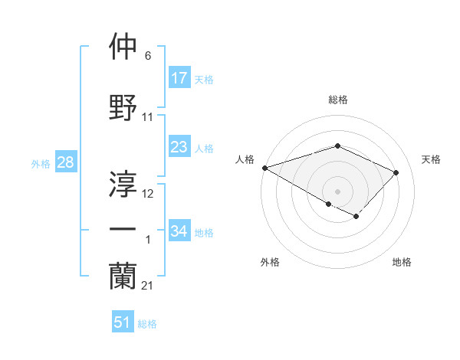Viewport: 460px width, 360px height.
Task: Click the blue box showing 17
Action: point(179,78)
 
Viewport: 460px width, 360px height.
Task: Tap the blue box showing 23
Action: point(179,147)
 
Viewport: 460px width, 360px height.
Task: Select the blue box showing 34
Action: point(179,231)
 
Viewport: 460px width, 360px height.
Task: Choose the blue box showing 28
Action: point(65,162)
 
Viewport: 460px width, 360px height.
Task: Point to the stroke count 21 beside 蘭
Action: point(147,286)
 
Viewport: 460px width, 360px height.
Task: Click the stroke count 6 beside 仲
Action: point(148,56)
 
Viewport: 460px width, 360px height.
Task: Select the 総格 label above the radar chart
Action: point(337,100)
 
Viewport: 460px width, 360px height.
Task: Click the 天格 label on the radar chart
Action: point(431,159)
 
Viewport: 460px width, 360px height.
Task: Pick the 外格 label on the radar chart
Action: point(270,263)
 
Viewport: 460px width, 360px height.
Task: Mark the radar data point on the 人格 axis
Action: point(264,167)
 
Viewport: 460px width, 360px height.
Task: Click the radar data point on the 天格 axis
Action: point(396,172)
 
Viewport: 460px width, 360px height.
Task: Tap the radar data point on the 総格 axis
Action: point(337,146)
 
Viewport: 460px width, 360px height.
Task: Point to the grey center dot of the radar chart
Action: point(337,191)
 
